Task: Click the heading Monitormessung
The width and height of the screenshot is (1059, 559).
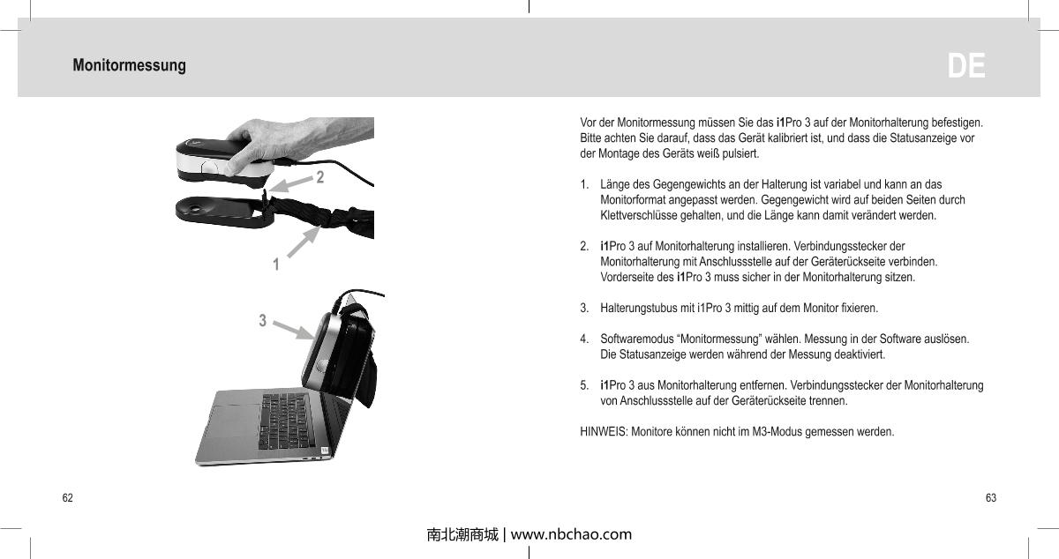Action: pyautogui.click(x=129, y=66)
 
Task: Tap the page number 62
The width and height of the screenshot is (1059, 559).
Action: pyautogui.click(x=67, y=499)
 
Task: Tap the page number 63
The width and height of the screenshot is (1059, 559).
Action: pyautogui.click(x=990, y=499)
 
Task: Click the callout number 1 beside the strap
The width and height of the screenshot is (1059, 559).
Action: pyautogui.click(x=276, y=264)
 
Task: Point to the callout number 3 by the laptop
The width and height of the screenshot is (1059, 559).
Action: pyautogui.click(x=262, y=320)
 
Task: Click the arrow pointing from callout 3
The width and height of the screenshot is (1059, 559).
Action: pyautogui.click(x=292, y=330)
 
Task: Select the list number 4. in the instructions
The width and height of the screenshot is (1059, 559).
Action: pyautogui.click(x=585, y=339)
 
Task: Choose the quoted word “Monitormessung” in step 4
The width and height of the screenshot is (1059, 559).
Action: pyautogui.click(x=716, y=339)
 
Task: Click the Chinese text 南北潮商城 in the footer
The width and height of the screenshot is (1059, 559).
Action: pyautogui.click(x=462, y=534)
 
